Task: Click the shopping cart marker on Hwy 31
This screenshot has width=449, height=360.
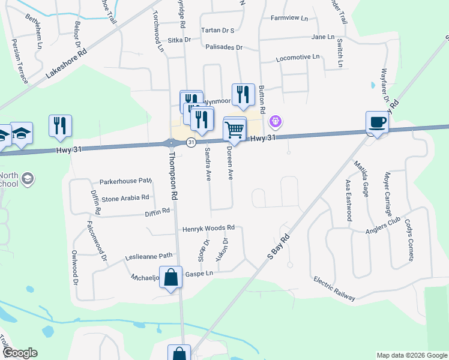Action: tap(235, 129)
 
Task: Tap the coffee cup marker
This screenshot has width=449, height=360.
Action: tap(377, 122)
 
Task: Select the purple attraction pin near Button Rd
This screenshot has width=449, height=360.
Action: tap(275, 121)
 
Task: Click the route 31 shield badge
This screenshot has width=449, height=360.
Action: tap(191, 142)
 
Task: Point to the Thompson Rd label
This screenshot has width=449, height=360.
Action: tap(173, 176)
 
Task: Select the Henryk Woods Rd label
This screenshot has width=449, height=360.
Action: tap(208, 229)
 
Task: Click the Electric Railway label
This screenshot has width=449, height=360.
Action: tap(334, 289)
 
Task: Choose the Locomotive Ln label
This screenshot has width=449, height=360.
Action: tap(297, 58)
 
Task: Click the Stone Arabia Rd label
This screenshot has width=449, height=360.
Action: tap(125, 197)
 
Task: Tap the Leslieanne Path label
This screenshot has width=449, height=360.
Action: tap(148, 256)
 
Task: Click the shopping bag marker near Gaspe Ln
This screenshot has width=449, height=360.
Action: tap(170, 277)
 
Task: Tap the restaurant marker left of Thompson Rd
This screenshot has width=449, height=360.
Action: tap(60, 125)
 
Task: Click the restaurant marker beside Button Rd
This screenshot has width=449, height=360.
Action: tap(243, 94)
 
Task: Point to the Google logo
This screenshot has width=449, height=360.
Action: tap(20, 353)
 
